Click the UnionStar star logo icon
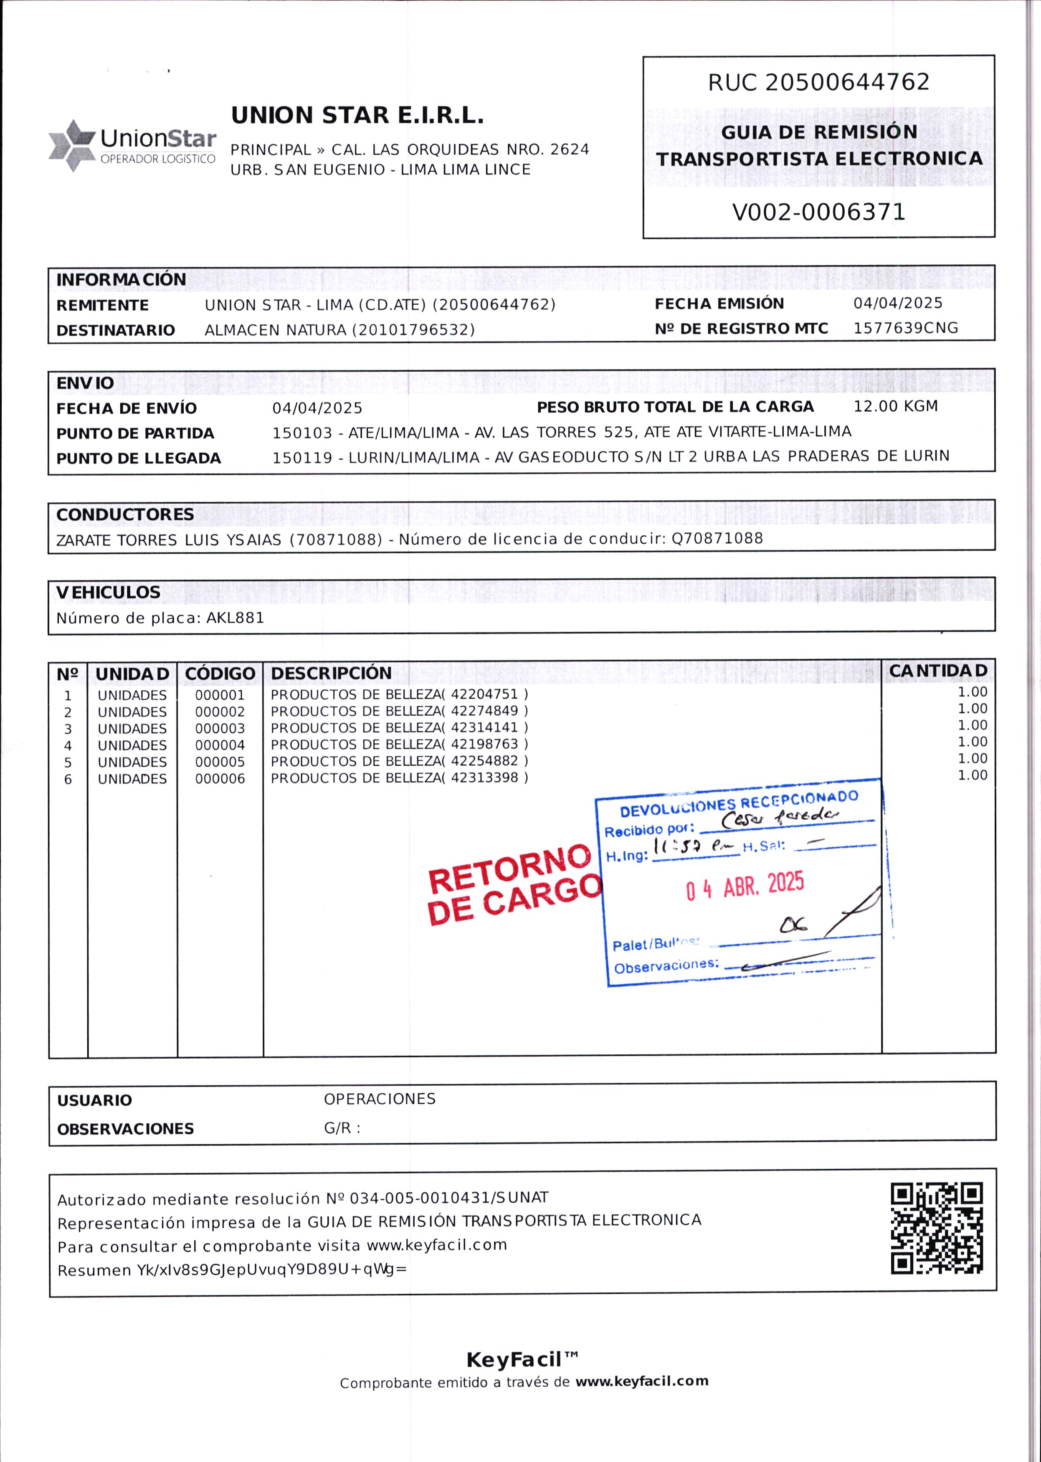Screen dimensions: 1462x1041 (x=72, y=145)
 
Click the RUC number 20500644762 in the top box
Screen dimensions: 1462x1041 (x=847, y=82)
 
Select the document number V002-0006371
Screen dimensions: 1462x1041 (x=818, y=212)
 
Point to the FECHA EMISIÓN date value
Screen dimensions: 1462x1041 (x=897, y=303)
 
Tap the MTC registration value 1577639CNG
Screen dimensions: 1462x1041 (x=905, y=328)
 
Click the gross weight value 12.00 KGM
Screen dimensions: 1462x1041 (x=896, y=406)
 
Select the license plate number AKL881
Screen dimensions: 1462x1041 (x=235, y=618)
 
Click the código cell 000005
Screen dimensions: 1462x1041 (x=220, y=762)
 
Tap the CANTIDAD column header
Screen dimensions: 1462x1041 (x=938, y=671)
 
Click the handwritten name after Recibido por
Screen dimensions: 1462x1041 (x=778, y=818)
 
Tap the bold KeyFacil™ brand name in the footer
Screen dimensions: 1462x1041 (x=522, y=1359)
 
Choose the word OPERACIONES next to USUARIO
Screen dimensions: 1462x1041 (x=380, y=1099)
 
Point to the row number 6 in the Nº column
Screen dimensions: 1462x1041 (x=68, y=779)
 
